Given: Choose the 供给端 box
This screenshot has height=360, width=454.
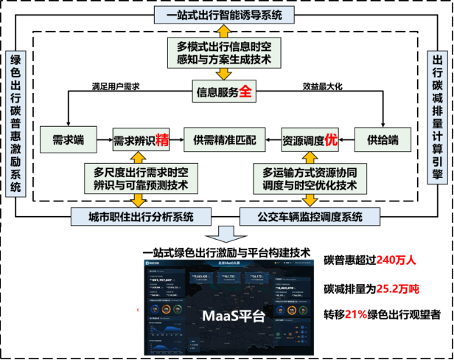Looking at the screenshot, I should point(383,138).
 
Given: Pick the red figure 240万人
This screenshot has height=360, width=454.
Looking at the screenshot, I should point(398,260).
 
